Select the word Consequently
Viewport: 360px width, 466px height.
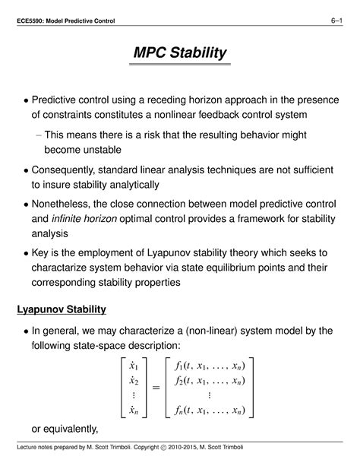click(x=72, y=170)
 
